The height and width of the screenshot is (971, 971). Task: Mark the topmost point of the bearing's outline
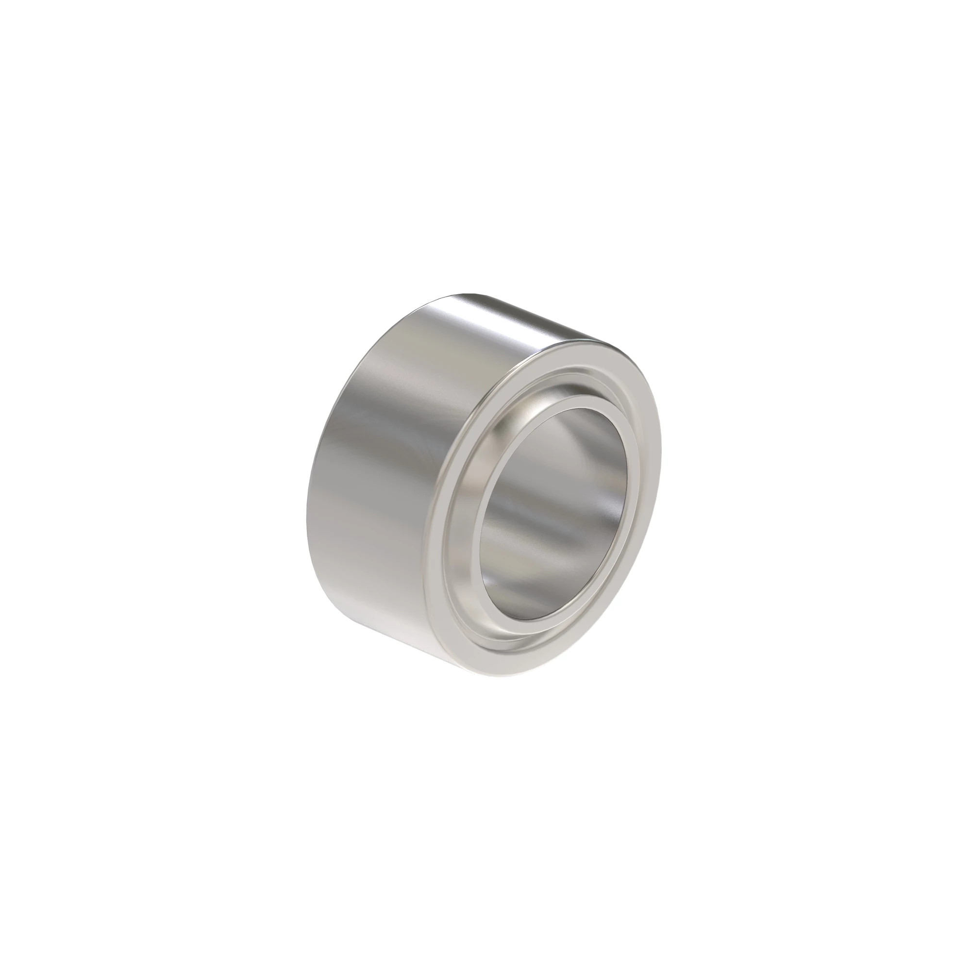point(472,292)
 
